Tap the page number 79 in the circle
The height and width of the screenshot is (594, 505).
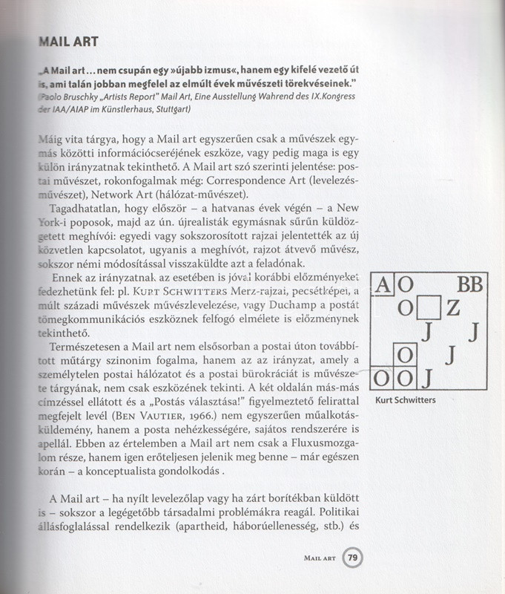(x=353, y=558)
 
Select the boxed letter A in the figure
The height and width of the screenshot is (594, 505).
(x=383, y=284)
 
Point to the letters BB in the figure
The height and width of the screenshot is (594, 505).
(x=469, y=284)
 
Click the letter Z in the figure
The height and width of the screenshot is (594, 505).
(x=453, y=307)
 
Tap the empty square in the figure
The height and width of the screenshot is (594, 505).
(x=430, y=306)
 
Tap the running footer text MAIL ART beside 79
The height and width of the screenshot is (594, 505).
(x=320, y=558)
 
